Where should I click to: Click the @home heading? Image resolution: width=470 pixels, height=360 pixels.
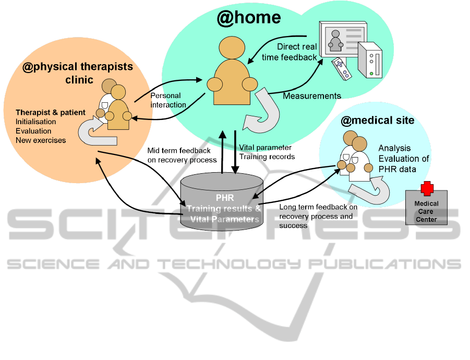tap(249, 18)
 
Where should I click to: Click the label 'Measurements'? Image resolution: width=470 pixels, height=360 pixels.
tap(312, 96)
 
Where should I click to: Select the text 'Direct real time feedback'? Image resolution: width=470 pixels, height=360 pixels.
tap(297, 52)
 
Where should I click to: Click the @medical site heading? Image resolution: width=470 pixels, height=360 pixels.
tap(377, 121)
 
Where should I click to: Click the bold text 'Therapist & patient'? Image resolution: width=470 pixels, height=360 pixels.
tap(51, 113)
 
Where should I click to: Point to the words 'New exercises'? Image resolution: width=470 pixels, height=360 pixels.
tap(41, 140)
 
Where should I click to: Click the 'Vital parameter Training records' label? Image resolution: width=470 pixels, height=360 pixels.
tap(267, 152)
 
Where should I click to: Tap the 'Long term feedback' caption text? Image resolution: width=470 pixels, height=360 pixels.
tap(318, 216)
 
